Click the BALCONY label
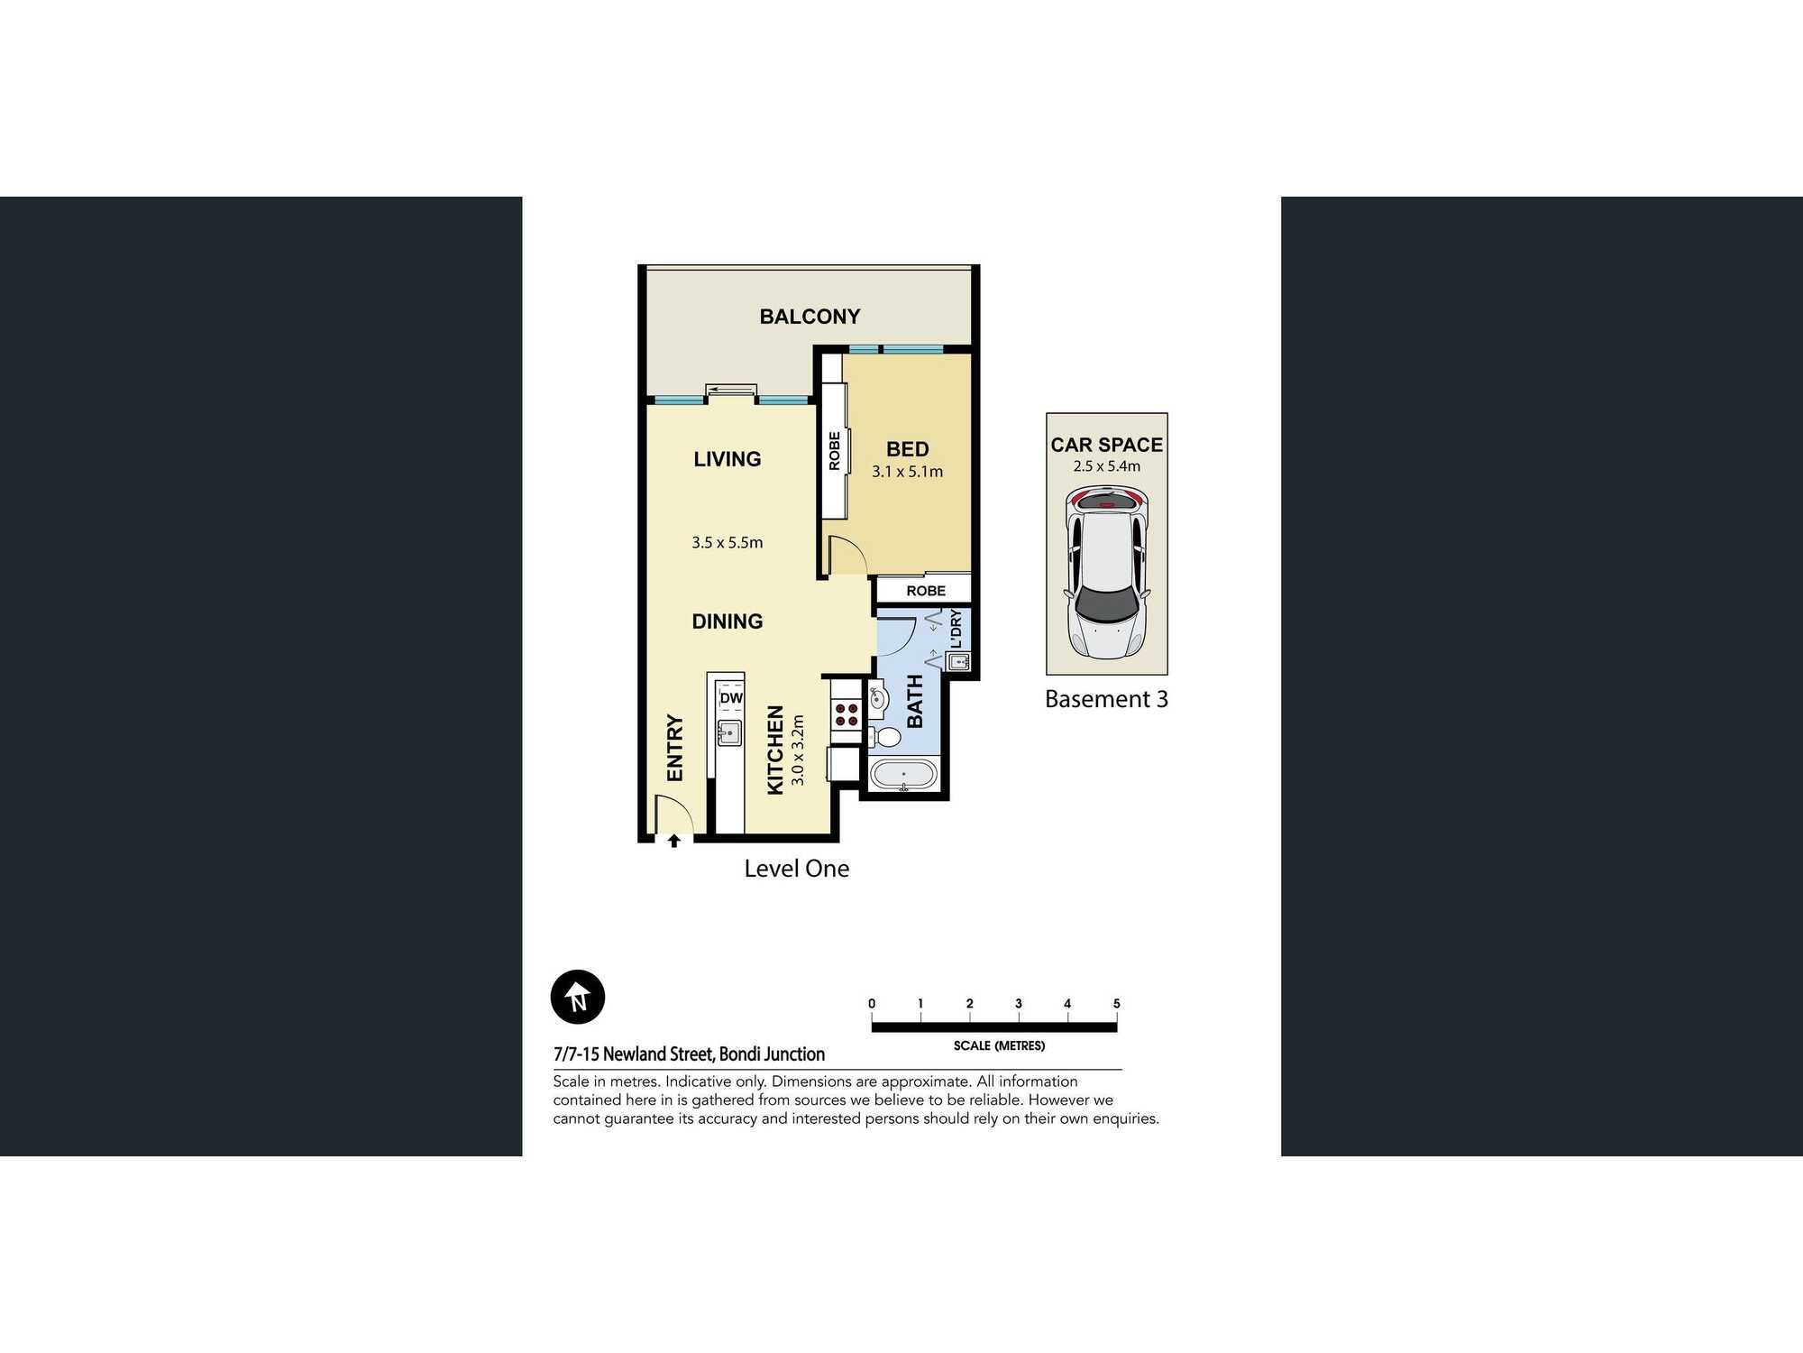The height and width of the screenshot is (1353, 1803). coord(810,317)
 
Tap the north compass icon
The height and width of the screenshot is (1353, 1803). coord(577,997)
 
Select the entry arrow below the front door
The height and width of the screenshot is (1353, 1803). coord(673,841)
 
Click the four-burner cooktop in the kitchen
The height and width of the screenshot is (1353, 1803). coord(847,714)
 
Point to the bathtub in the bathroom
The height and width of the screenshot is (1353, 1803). coord(903,776)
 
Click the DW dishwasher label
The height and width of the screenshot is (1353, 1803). coord(731,698)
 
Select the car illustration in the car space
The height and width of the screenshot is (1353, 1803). coord(1106,573)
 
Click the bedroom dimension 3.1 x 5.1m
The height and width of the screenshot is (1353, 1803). coord(907,472)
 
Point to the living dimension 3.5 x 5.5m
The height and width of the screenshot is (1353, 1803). coord(727,543)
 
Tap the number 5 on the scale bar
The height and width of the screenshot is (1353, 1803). coord(1116,1004)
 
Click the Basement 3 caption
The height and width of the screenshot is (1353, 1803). coord(1106,699)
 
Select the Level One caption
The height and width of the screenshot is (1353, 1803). coord(796,869)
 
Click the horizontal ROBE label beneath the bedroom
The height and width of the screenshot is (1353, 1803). coord(926,591)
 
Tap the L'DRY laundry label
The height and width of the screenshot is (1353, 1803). coord(956,629)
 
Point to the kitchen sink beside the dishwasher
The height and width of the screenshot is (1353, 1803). coord(728,732)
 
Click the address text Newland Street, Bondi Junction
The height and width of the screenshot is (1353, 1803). coord(713,1054)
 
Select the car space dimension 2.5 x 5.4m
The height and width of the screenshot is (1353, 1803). coord(1106,466)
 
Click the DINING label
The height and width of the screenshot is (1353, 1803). coord(727,621)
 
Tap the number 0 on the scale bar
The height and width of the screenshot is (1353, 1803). coord(872,1004)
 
